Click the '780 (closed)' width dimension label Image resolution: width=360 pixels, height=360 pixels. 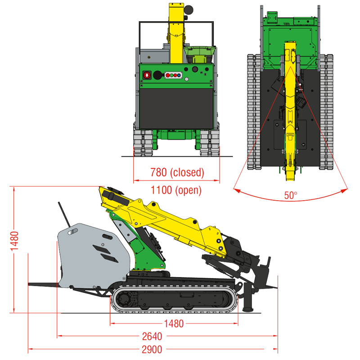177,172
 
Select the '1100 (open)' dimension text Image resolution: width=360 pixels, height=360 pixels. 176,190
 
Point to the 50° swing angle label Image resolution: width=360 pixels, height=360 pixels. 291,195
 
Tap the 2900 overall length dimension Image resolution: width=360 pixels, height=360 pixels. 152,350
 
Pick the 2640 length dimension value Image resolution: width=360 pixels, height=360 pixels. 152,336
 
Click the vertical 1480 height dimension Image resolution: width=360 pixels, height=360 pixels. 14,241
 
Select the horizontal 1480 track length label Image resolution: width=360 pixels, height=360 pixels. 174,324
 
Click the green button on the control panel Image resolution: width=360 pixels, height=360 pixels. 171,75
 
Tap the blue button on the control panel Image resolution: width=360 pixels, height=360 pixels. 179,75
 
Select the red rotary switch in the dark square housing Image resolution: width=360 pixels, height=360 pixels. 147,75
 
